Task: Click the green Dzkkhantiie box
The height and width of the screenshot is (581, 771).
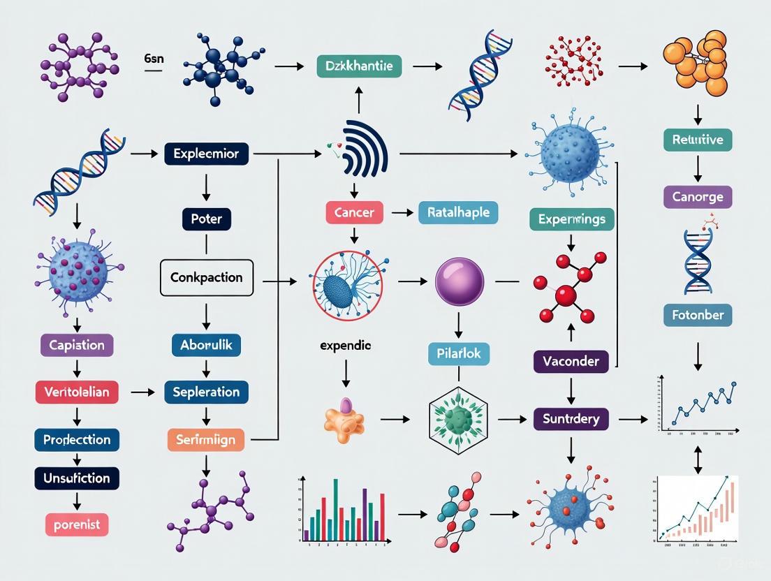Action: pyautogui.click(x=359, y=67)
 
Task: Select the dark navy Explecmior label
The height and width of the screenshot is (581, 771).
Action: pyautogui.click(x=206, y=153)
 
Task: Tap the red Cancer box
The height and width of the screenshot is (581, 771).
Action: pyautogui.click(x=354, y=212)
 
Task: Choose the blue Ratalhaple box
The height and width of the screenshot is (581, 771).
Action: pyautogui.click(x=458, y=212)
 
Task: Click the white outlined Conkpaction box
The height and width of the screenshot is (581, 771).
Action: pyautogui.click(x=206, y=277)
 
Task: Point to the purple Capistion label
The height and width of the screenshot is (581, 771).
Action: pyautogui.click(x=77, y=345)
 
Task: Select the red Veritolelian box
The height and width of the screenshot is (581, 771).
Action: pyautogui.click(x=77, y=392)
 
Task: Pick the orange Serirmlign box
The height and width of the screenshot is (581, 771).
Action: pyautogui.click(x=206, y=440)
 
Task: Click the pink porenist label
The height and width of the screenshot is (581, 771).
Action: pyautogui.click(x=77, y=523)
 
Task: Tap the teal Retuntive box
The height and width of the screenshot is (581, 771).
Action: pyautogui.click(x=697, y=140)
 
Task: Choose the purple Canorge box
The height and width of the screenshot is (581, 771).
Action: pyautogui.click(x=697, y=197)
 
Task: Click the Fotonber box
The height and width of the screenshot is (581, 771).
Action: pyautogui.click(x=697, y=315)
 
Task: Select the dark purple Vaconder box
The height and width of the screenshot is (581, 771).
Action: pyautogui.click(x=571, y=361)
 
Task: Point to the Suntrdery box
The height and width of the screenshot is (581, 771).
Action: pyautogui.click(x=571, y=419)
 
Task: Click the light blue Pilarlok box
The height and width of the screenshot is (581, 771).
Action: pyautogui.click(x=458, y=353)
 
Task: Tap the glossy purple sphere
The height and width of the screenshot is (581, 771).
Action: pyautogui.click(x=459, y=281)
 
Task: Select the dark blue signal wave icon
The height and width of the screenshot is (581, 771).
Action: pyautogui.click(x=364, y=149)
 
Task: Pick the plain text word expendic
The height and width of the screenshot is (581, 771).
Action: pyautogui.click(x=345, y=345)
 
